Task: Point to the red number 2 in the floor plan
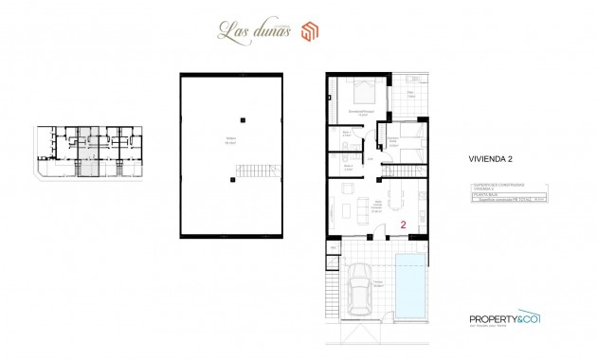point(405,225)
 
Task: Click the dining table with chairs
point(391,202)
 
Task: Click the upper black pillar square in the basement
point(244,118)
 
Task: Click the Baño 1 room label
point(347,135)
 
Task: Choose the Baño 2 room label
point(347,168)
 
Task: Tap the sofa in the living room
point(342,204)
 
